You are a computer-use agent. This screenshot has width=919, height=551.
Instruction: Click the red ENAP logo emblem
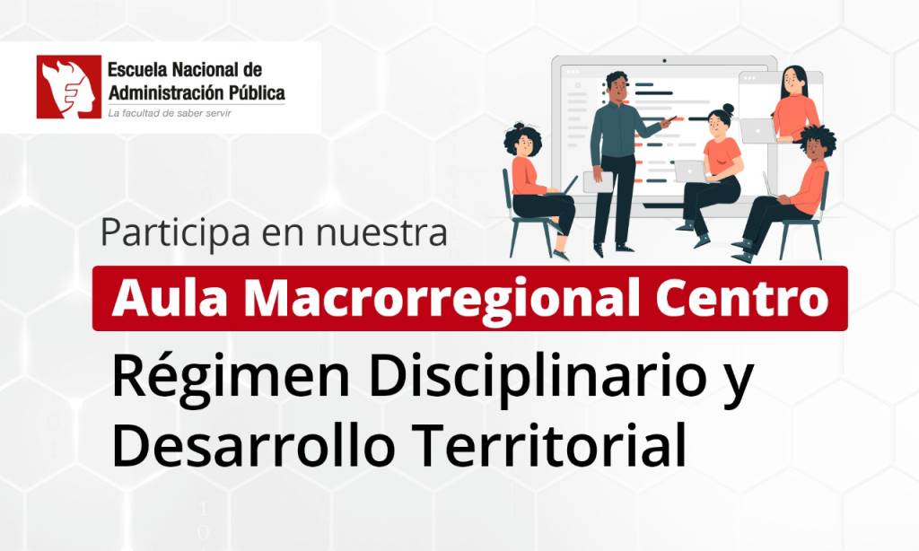[68, 87]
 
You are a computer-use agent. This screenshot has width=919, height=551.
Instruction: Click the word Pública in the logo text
[257, 92]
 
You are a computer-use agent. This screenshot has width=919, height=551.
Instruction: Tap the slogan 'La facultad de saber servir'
[170, 113]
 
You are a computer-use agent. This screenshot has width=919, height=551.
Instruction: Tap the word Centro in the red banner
[742, 299]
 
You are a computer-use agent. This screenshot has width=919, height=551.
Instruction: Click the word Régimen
[230, 378]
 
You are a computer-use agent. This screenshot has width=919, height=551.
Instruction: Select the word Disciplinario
[537, 375]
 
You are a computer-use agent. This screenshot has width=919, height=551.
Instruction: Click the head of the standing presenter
[617, 86]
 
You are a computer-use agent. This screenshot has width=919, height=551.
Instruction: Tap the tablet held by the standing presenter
[599, 181]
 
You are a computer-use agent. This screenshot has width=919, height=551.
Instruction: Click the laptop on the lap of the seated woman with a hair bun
[690, 171]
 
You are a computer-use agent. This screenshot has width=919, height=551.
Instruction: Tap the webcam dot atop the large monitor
[664, 60]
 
